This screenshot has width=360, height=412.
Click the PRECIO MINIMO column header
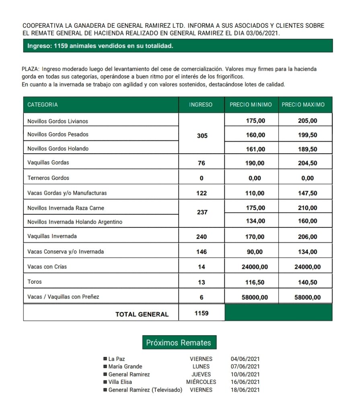point(251,105)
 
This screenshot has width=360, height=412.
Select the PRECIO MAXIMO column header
point(303,105)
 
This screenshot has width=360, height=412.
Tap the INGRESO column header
point(201,105)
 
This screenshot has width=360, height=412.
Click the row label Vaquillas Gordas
point(48,163)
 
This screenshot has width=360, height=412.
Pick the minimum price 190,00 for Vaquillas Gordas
point(255,163)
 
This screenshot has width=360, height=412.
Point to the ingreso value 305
point(202,136)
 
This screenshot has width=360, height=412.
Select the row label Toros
point(35,282)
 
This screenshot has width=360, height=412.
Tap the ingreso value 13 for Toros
point(202,282)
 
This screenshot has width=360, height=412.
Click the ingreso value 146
point(202,252)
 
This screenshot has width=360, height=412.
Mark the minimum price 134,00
point(255,221)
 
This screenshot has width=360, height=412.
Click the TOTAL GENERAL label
point(142,314)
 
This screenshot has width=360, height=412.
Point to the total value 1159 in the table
point(202,313)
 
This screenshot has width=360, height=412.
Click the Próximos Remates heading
point(179,343)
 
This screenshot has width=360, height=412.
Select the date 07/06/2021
point(245,367)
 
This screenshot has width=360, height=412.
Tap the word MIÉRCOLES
point(201,382)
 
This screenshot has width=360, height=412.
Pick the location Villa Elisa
point(120,382)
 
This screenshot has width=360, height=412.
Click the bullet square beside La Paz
point(105,359)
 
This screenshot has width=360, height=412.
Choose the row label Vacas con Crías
point(47,267)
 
